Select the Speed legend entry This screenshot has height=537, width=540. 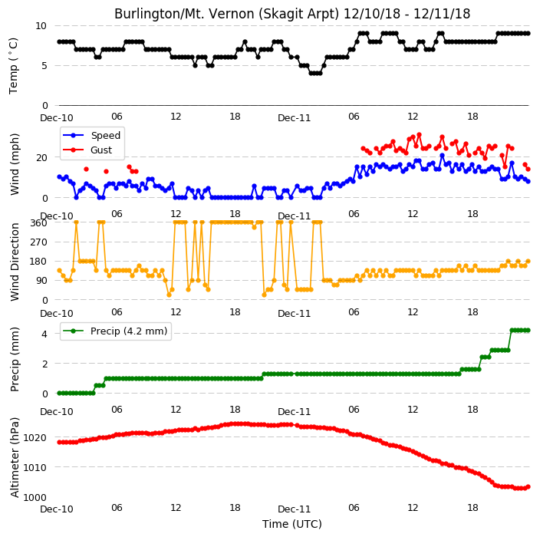click(92, 135)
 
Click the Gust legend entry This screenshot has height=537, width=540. click(87, 150)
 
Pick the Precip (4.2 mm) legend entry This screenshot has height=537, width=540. click(115, 331)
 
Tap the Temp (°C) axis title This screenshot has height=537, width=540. click(14, 66)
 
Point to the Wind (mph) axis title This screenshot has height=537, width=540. click(15, 164)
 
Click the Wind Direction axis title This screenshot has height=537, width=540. click(15, 262)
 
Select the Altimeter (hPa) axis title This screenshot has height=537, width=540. click(15, 457)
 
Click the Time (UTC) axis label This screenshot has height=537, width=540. click(292, 524)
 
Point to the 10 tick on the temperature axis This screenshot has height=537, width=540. click(41, 26)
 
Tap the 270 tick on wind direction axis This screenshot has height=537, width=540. click(38, 242)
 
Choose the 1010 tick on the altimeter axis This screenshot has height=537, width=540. click(35, 467)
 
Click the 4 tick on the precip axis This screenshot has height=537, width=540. click(44, 334)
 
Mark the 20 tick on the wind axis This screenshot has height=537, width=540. click(41, 158)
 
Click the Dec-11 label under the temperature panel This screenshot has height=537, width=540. click(295, 118)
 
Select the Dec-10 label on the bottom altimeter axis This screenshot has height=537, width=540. click(57, 509)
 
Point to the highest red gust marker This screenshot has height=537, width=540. click(419, 135)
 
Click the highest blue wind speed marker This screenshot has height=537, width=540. click(442, 156)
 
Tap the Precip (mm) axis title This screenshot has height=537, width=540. click(15, 359)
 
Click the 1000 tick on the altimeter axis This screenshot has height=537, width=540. click(35, 497)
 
